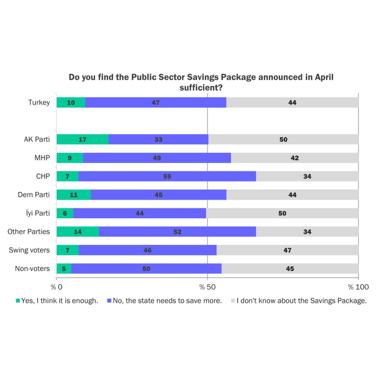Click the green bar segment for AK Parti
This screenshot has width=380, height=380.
click(x=82, y=140)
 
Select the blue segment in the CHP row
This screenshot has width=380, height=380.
click(x=167, y=176)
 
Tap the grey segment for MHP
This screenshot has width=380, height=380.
click(x=295, y=158)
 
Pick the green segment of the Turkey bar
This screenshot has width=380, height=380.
click(x=71, y=103)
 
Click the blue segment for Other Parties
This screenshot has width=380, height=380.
click(x=177, y=232)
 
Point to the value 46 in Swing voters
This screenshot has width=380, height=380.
click(x=147, y=250)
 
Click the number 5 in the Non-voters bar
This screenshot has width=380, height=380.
click(x=64, y=269)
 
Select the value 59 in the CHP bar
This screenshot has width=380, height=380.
click(x=167, y=176)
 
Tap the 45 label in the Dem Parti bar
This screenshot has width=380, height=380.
click(x=158, y=195)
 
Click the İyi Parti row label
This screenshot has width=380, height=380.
click(x=36, y=213)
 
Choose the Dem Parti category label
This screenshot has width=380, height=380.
click(x=34, y=194)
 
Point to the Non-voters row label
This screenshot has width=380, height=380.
click(x=32, y=268)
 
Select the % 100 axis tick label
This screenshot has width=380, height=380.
click(x=358, y=287)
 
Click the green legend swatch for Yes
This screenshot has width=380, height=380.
click(x=17, y=301)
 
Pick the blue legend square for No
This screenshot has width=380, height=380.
click(x=109, y=301)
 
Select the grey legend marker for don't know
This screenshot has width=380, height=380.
click(x=233, y=301)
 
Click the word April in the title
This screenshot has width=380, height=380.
click(x=324, y=78)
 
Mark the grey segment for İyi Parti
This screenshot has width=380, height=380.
click(x=282, y=213)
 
